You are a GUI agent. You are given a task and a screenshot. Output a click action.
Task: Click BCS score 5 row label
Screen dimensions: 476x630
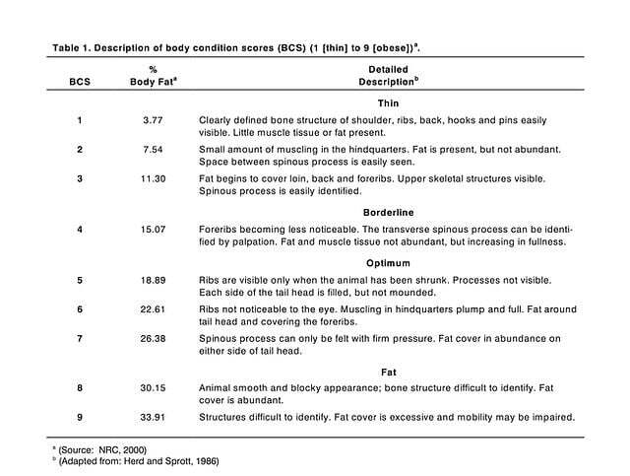coord(80,281)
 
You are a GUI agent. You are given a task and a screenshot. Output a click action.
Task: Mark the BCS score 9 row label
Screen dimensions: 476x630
coord(80,416)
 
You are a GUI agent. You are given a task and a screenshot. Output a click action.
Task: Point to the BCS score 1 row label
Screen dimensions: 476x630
coord(80,120)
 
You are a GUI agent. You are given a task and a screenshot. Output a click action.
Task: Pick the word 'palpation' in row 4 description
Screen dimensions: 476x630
coord(257,240)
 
